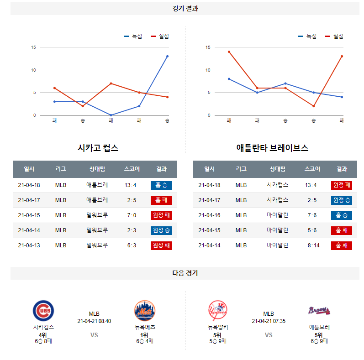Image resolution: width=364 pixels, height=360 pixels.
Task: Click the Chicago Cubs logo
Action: tap(43, 311)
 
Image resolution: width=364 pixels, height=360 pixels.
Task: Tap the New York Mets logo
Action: tap(144, 311)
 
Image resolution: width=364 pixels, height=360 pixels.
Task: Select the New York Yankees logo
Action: tap(217, 311)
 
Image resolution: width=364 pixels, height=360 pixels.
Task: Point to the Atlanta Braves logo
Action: tap(319, 311)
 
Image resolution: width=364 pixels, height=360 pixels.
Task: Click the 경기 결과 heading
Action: tap(185, 8)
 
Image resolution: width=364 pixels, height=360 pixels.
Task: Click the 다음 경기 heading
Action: tap(185, 273)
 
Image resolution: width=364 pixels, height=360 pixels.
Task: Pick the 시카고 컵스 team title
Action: tap(98, 148)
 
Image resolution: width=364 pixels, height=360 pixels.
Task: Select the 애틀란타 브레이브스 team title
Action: tap(272, 148)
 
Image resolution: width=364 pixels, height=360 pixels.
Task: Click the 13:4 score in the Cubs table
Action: tap(130, 185)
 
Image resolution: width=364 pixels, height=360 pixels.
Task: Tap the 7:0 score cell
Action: tap(130, 215)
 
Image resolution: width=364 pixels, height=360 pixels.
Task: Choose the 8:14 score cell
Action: tap(311, 245)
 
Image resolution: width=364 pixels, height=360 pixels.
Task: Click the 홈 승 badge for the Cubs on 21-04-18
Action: tap(161, 185)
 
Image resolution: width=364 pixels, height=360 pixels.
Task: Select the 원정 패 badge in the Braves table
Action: tap(342, 185)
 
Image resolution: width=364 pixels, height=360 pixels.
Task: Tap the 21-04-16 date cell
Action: tap(209, 215)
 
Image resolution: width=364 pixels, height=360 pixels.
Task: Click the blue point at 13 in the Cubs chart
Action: tap(167, 56)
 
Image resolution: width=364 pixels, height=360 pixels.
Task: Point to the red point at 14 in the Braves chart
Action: tap(229, 52)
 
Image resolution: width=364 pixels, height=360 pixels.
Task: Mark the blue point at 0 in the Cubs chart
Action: tap(111, 115)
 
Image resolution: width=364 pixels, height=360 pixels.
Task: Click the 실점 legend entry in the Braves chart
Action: tap(334, 36)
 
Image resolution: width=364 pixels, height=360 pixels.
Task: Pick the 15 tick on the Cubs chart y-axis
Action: tap(33, 47)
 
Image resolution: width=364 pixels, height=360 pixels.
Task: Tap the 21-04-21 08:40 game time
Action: tap(94, 321)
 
